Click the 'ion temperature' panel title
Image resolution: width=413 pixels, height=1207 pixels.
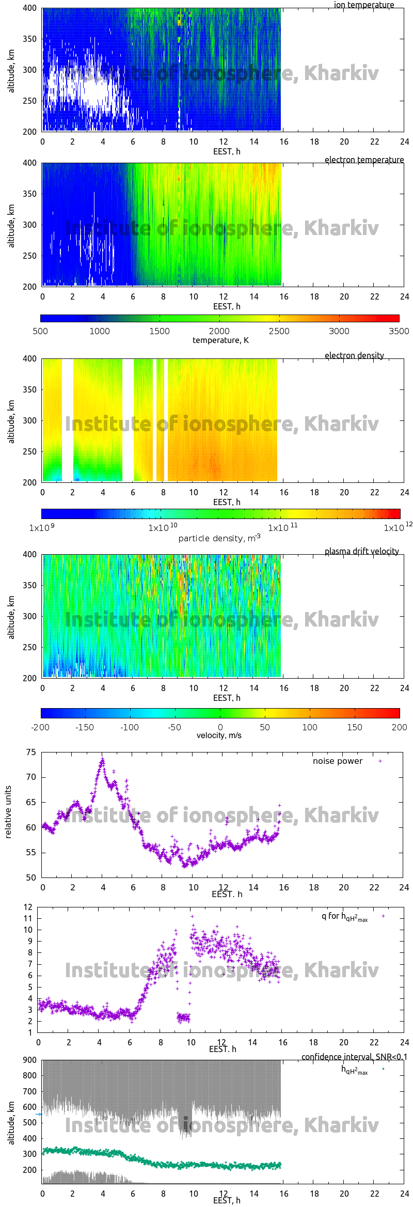pyautogui.click(x=363, y=5)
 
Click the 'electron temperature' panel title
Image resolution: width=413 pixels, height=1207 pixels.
pyautogui.click(x=364, y=160)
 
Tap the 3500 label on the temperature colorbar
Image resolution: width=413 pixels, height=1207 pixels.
pyautogui.click(x=399, y=331)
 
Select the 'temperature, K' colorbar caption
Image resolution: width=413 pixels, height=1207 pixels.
pyautogui.click(x=220, y=340)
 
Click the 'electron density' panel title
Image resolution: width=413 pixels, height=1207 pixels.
pyautogui.click(x=354, y=355)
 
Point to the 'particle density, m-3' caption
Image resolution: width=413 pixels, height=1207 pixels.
pyautogui.click(x=219, y=538)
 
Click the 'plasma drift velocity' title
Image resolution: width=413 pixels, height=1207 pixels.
pyautogui.click(x=361, y=551)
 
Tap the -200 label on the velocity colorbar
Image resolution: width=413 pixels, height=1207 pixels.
pyautogui.click(x=40, y=727)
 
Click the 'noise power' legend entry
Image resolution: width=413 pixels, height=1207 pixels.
pyautogui.click(x=338, y=761)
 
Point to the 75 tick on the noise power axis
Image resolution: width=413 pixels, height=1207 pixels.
pyautogui.click(x=31, y=753)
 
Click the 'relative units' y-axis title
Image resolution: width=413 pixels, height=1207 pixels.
pyautogui.click(x=8, y=812)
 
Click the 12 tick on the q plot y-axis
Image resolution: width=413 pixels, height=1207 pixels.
pyautogui.click(x=28, y=907)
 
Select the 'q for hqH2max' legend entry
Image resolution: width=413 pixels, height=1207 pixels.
pyautogui.click(x=344, y=916)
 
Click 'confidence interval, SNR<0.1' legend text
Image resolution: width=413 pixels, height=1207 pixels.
pyautogui.click(x=354, y=1057)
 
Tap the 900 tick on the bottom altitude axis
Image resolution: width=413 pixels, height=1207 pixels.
pyautogui.click(x=30, y=1060)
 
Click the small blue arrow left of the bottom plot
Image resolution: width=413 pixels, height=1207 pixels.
pyautogui.click(x=38, y=1114)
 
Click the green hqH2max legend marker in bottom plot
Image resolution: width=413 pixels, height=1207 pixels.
pyautogui.click(x=383, y=1069)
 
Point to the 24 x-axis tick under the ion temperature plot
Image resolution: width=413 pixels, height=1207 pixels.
pyautogui.click(x=404, y=142)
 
